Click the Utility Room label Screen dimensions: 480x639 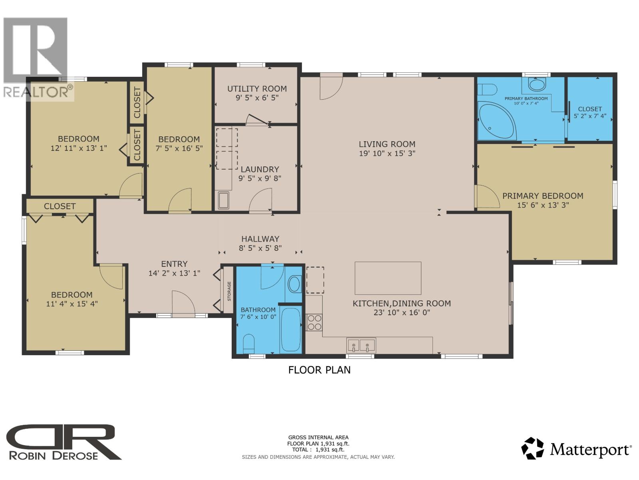click(257, 89)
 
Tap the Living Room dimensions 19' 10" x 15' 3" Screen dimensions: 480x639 click(387, 153)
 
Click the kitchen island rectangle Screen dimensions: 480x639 click(388, 278)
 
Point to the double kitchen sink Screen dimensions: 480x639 click(361, 345)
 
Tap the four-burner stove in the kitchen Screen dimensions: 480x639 click(314, 322)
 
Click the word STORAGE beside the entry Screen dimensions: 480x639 click(229, 291)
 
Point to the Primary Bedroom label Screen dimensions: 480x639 click(542, 196)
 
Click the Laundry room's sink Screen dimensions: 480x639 click(223, 200)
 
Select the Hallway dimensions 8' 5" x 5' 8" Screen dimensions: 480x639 click(260, 248)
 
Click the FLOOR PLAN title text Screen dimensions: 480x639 click(319, 370)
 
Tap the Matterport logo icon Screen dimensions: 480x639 click(533, 448)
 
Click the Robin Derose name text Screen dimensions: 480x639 click(53, 456)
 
